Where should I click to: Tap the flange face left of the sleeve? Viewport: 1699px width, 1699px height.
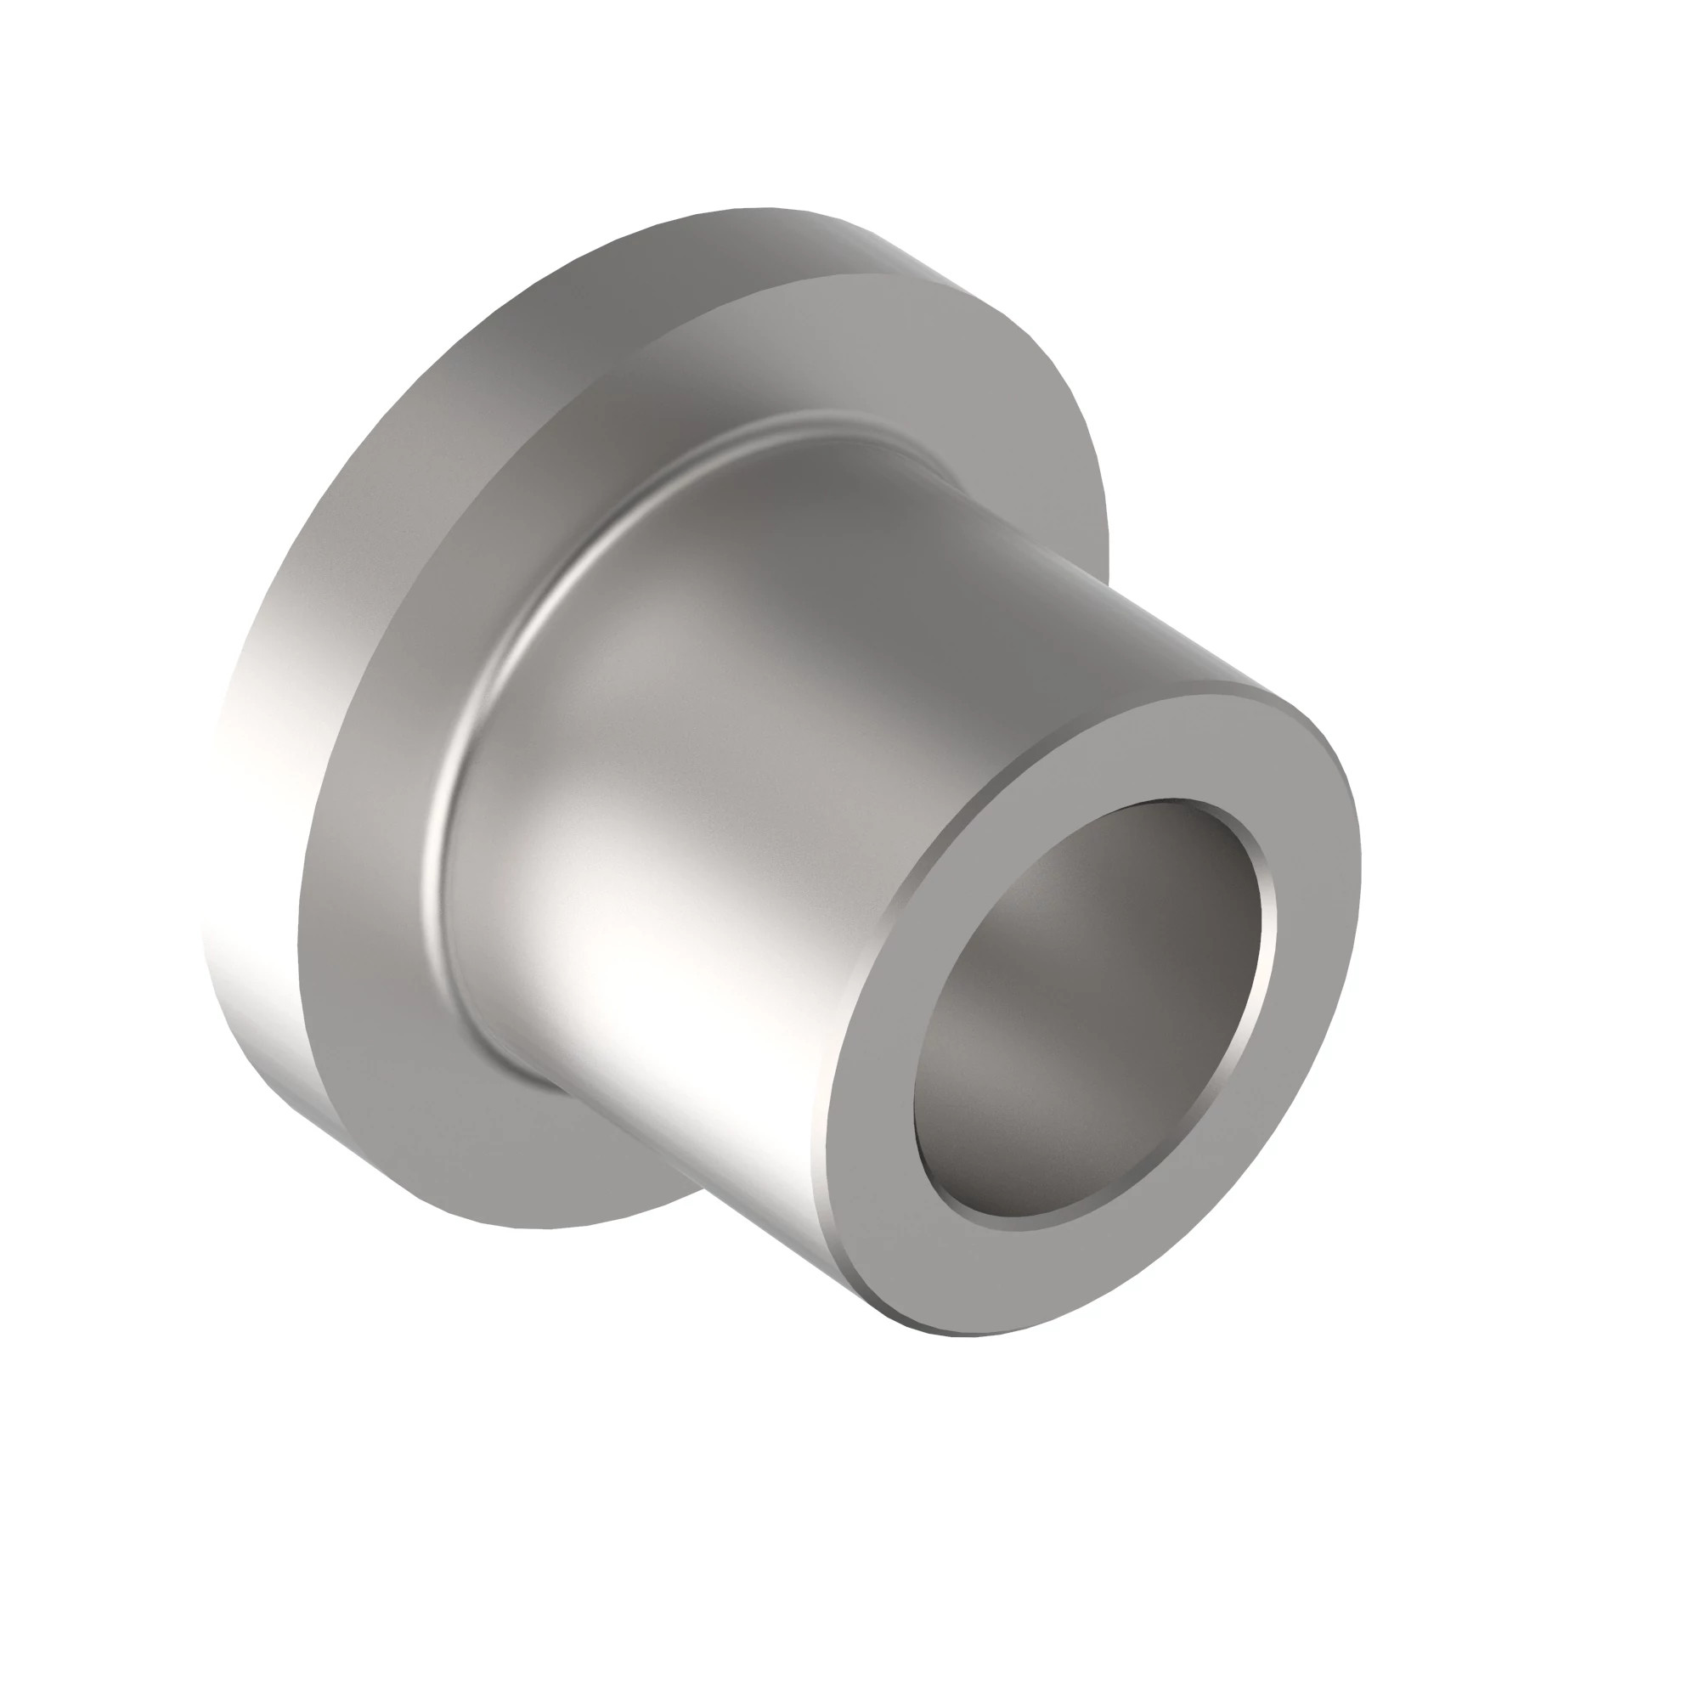point(370,879)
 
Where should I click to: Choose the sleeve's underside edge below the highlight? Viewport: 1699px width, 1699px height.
point(703,1170)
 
